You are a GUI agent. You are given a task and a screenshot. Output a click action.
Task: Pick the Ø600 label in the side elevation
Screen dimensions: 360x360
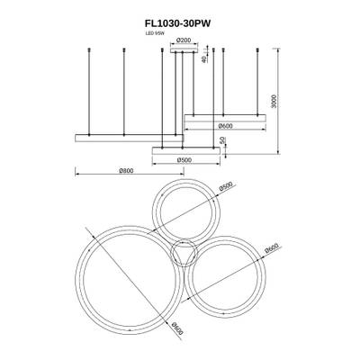coord(226,126)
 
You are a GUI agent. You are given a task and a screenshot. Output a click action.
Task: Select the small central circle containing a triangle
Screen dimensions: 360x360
coord(185,256)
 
